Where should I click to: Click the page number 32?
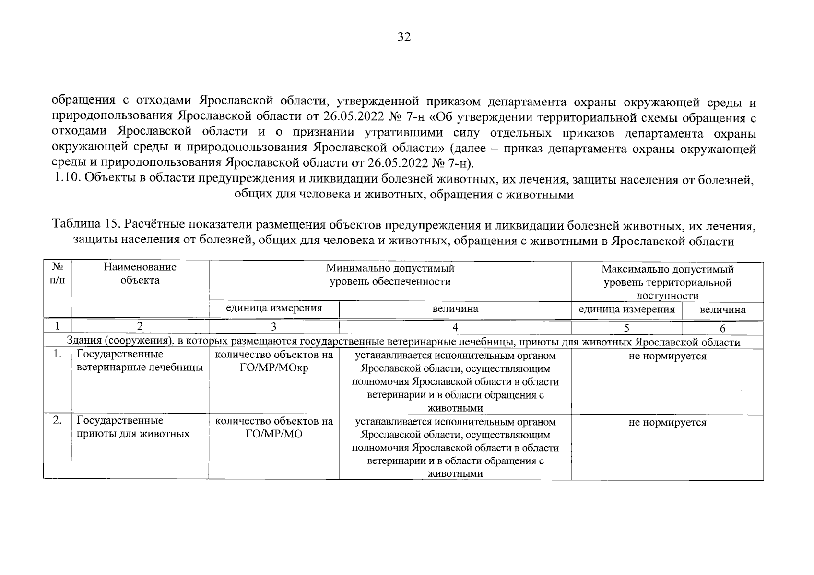click(x=404, y=37)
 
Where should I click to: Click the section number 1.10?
click(x=67, y=179)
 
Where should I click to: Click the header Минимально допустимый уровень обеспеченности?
click(x=389, y=275)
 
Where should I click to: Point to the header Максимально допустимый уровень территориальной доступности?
click(x=667, y=282)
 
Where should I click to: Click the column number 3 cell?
click(x=273, y=327)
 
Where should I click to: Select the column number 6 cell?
click(x=722, y=328)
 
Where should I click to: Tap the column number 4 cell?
click(x=455, y=328)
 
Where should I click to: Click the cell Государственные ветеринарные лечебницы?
click(x=139, y=361)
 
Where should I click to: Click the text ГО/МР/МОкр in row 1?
click(x=273, y=368)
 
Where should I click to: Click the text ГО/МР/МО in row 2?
click(x=273, y=435)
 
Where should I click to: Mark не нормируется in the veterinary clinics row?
click(x=667, y=356)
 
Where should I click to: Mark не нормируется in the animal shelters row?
click(x=667, y=423)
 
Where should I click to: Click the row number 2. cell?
click(x=58, y=421)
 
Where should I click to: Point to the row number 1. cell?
click(x=58, y=355)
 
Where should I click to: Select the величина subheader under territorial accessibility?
click(x=722, y=310)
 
